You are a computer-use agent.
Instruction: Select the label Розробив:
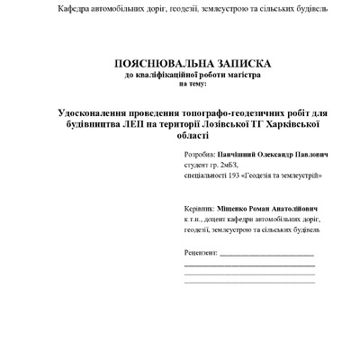[x=198, y=155]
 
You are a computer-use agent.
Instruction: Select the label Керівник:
[x=198, y=206]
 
